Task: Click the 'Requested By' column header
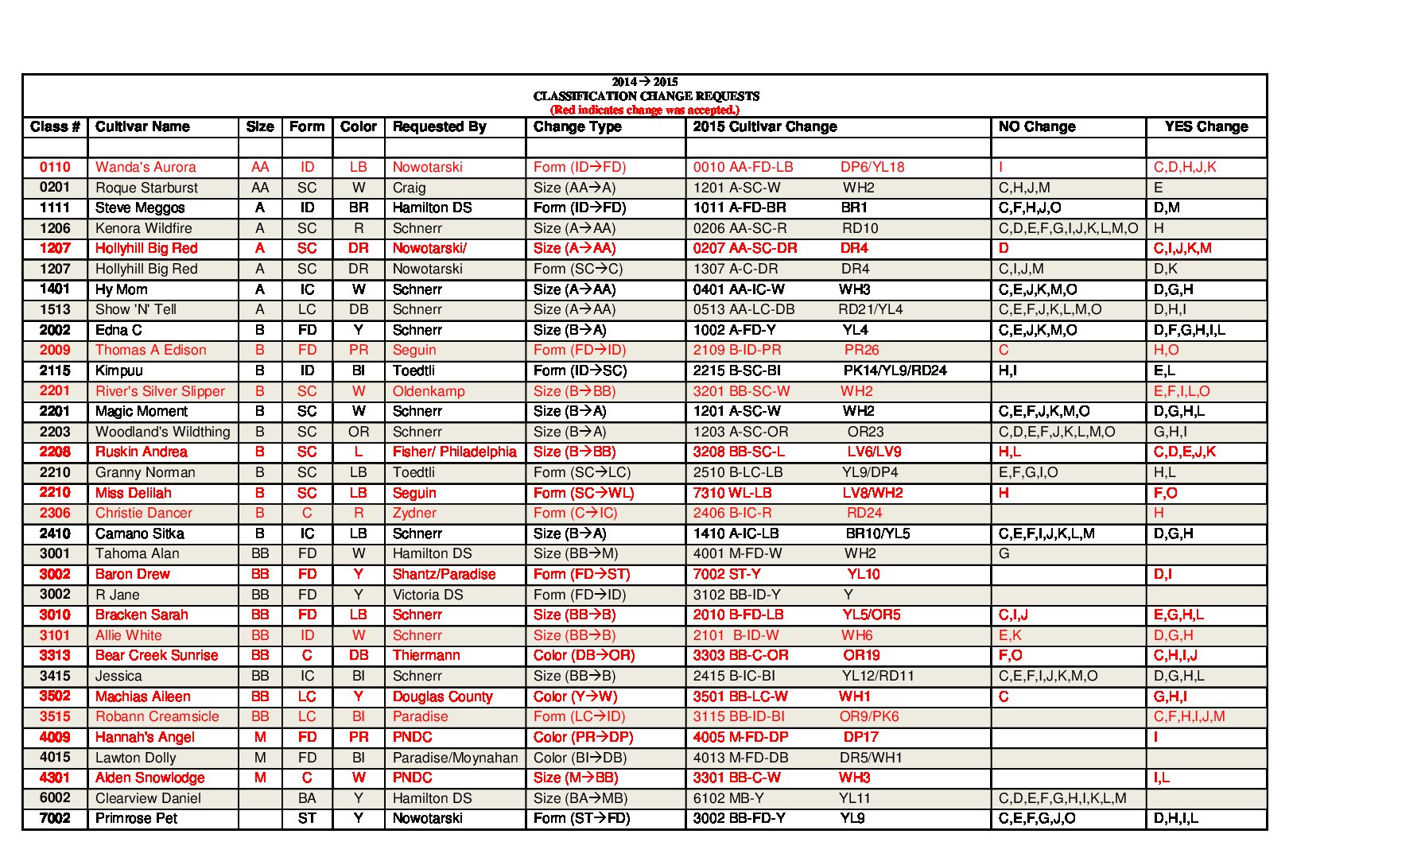(439, 126)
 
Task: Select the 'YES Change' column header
(1206, 126)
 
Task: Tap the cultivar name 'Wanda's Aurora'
(146, 167)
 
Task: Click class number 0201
(55, 187)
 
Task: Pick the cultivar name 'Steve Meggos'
(140, 208)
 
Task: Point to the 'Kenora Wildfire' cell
(143, 228)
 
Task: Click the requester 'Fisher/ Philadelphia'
(454, 452)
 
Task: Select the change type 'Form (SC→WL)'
(584, 493)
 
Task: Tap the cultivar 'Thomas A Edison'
(150, 350)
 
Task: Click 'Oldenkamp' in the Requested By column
(429, 391)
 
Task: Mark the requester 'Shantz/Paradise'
(444, 574)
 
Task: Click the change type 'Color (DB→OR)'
(584, 655)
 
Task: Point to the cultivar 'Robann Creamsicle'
(157, 716)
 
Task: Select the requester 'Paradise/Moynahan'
(455, 758)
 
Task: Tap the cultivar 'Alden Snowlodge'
(149, 778)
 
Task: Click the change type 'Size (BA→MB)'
(580, 798)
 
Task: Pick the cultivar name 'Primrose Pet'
(136, 818)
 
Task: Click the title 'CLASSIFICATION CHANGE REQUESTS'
(646, 96)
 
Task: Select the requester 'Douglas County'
(442, 696)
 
